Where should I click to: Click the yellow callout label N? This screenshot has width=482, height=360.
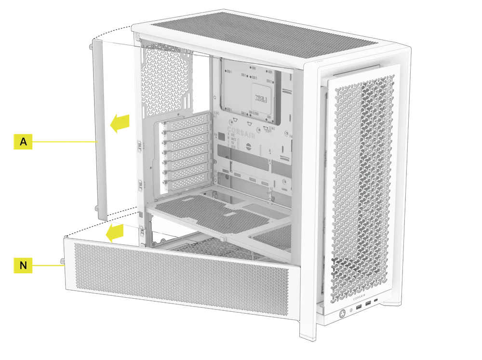[23, 265]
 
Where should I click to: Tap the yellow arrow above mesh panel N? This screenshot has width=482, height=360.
[116, 232]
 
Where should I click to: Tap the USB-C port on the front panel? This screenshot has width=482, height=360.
[376, 303]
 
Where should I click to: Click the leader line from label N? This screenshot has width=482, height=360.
[48, 265]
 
